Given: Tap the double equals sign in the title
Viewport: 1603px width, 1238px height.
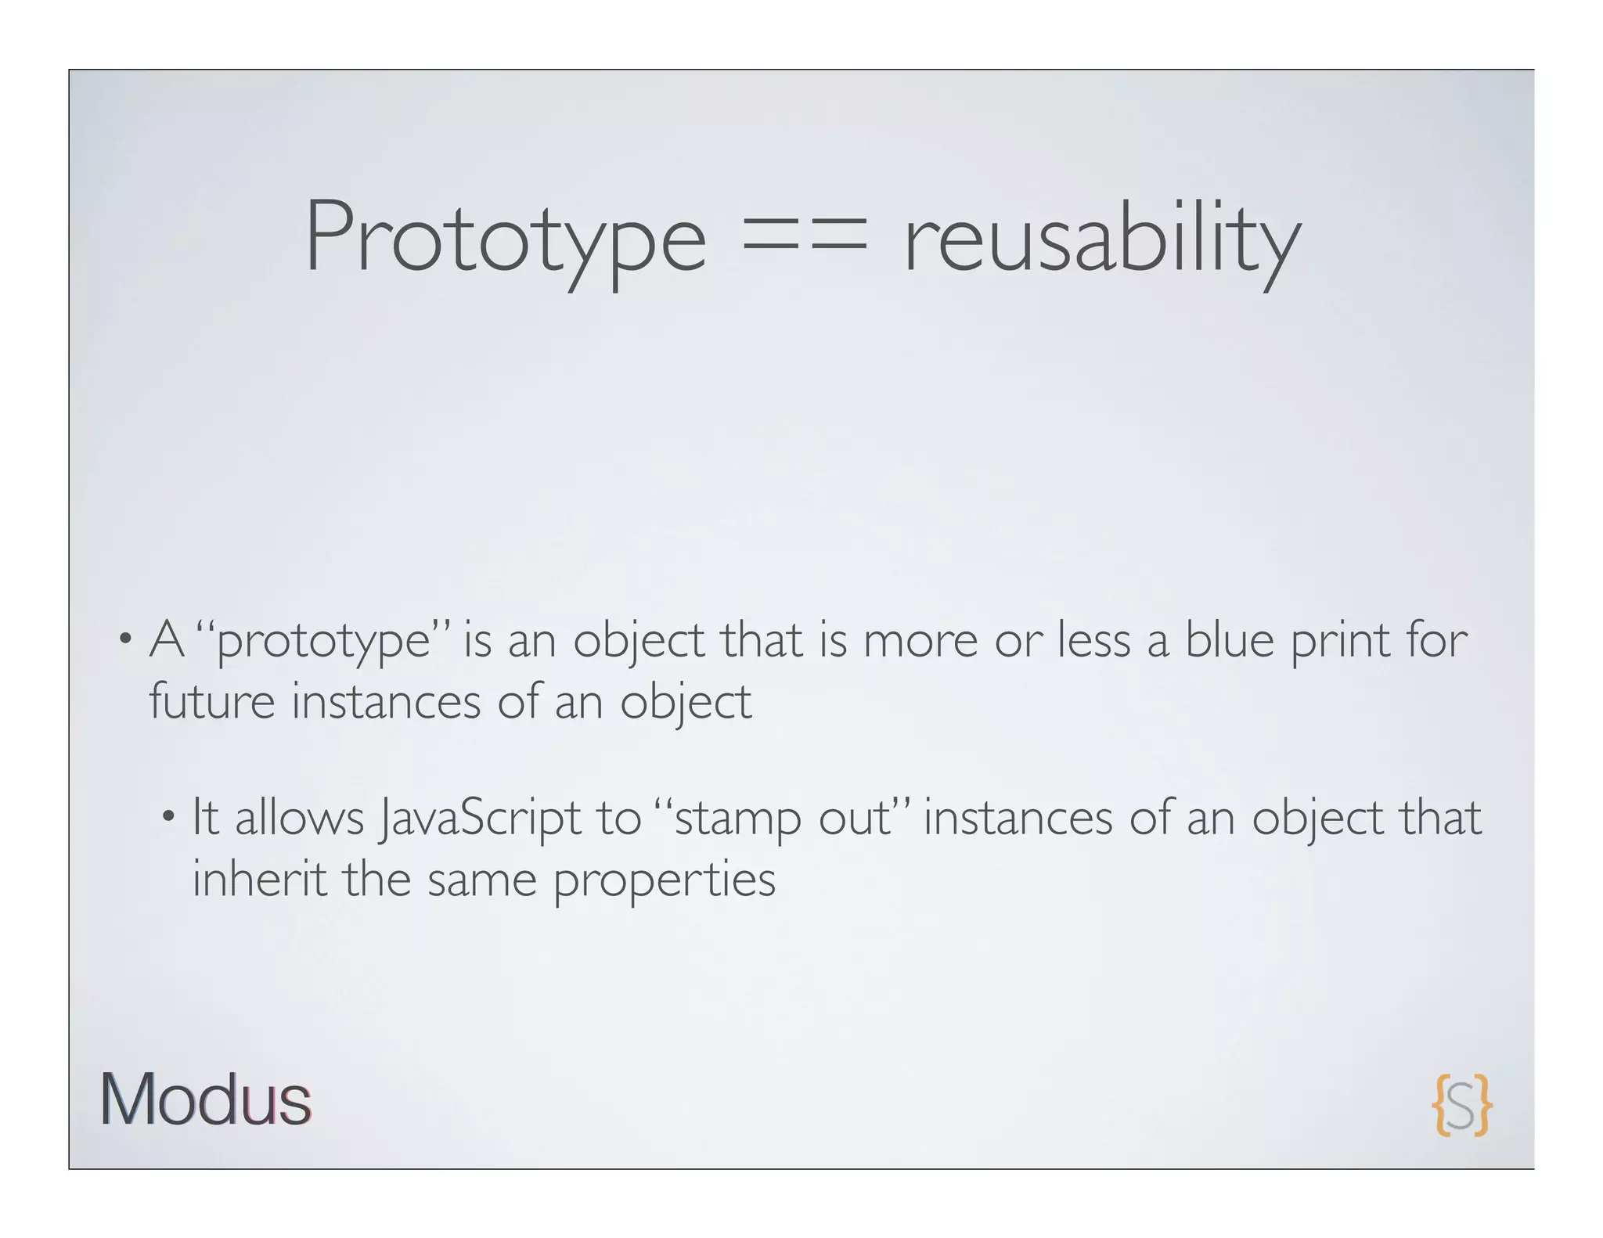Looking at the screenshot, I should pyautogui.click(x=805, y=235).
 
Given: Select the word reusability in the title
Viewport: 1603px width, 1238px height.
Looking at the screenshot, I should pyautogui.click(x=1102, y=239).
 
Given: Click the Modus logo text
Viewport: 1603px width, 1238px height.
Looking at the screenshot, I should pyautogui.click(x=205, y=1100).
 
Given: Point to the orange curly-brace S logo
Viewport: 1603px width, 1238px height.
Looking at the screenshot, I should pyautogui.click(x=1461, y=1104).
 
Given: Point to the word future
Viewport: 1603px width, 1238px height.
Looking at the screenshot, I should pyautogui.click(x=211, y=701).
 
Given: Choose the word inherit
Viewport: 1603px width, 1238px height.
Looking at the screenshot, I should pyautogui.click(x=259, y=879).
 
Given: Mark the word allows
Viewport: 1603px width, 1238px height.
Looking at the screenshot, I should pyautogui.click(x=300, y=819).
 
